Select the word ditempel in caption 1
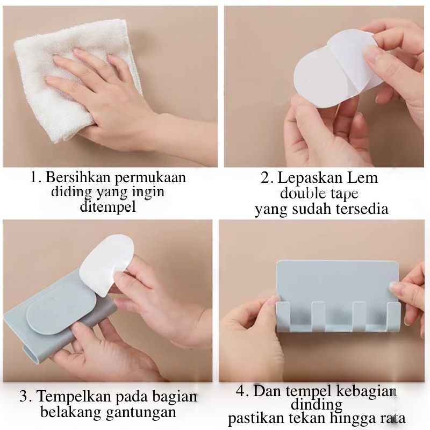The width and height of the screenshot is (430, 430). coord(108,206)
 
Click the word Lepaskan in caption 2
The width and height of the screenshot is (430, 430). coord(311,178)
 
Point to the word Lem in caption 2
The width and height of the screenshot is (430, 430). coord(363,178)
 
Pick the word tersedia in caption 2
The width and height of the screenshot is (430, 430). coord(360,209)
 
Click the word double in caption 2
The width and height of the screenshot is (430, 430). coord(299,193)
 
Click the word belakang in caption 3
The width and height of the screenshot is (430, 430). coord(71,411)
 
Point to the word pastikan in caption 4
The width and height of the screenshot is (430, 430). coord(256,419)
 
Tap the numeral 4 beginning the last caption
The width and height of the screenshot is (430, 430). coord(240,391)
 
